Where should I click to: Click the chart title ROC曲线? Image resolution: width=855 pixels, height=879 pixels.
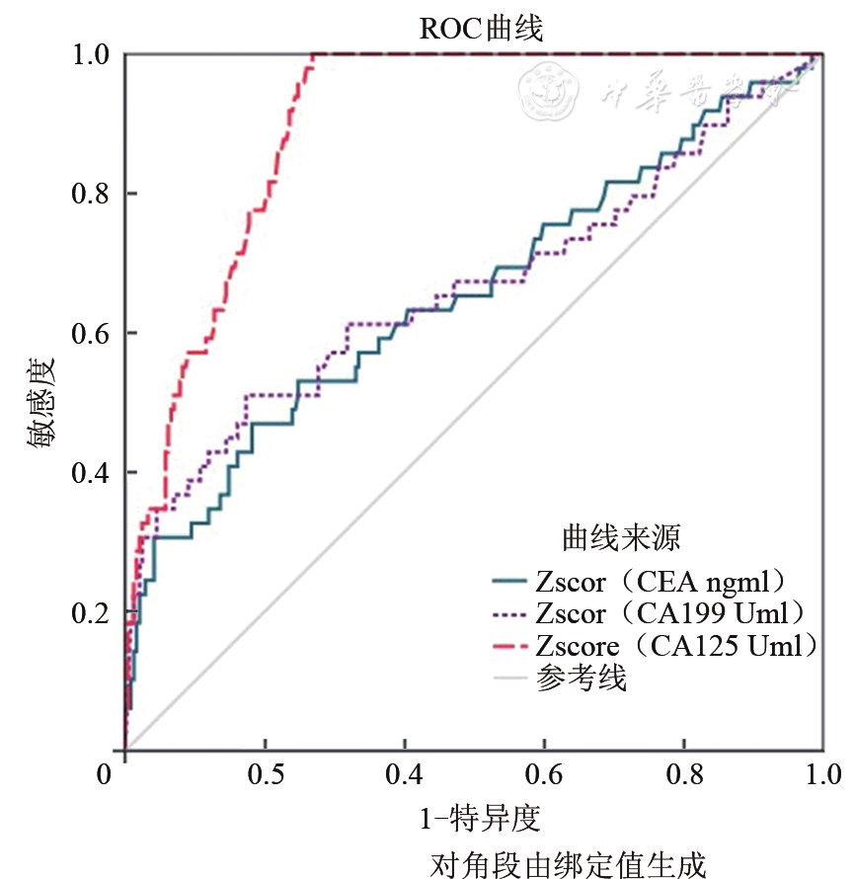(x=482, y=29)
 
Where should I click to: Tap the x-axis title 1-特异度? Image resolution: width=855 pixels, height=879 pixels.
(x=482, y=819)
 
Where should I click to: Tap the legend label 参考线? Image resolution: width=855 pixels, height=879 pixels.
(x=582, y=679)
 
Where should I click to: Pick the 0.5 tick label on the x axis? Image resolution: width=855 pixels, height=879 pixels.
(x=266, y=772)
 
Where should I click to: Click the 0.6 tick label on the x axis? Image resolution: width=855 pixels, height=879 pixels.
(x=545, y=772)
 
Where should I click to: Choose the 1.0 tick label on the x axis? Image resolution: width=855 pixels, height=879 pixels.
(x=822, y=772)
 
